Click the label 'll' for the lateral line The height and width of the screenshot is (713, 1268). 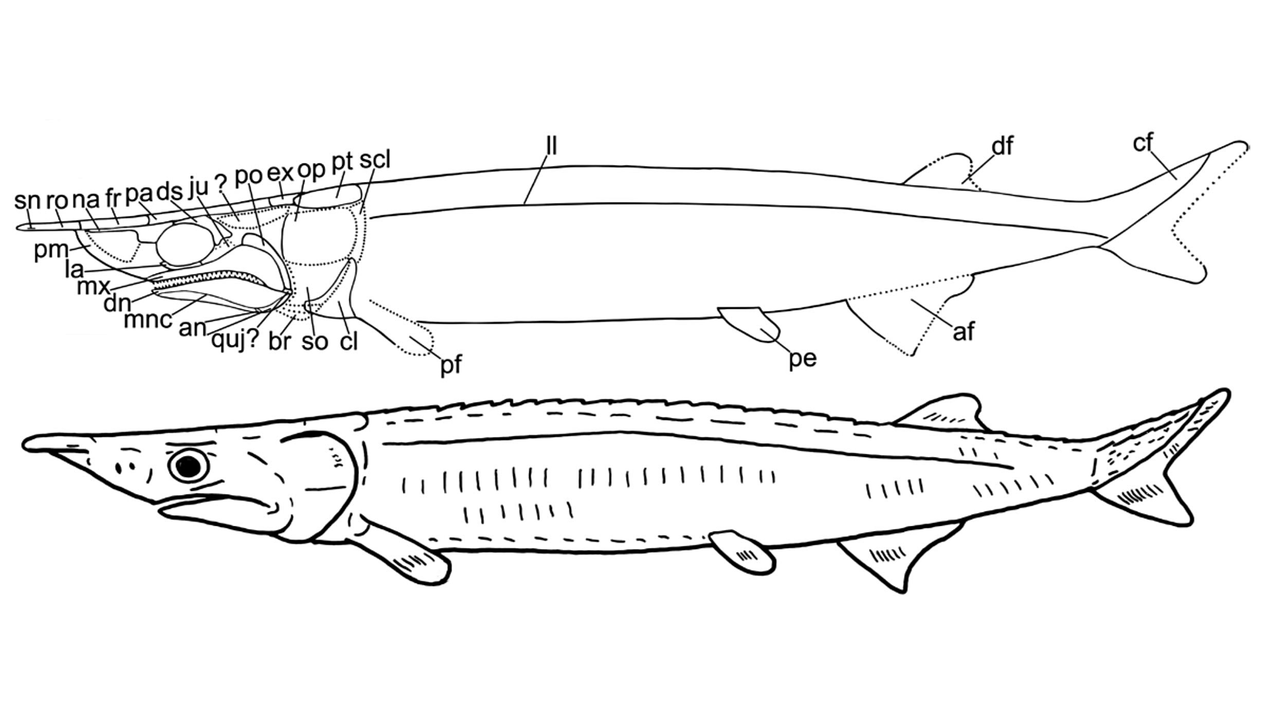(x=551, y=145)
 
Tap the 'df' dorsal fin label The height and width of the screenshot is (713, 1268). (x=1002, y=147)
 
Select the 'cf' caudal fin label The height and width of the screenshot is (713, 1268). (x=1144, y=143)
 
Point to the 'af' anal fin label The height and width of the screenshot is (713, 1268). (x=963, y=332)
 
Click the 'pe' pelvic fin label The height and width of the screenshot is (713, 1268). (x=803, y=358)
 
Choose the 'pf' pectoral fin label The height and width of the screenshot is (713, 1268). (x=451, y=365)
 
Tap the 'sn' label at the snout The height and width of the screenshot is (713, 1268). (x=27, y=200)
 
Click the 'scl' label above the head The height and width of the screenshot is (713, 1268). (x=375, y=160)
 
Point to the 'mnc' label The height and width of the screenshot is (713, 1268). (x=148, y=320)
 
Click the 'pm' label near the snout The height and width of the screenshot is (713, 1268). (x=51, y=250)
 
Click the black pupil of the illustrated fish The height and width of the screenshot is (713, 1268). (x=189, y=466)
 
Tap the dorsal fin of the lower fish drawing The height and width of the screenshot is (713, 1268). (x=941, y=413)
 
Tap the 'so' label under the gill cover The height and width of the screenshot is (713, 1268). (x=315, y=341)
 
